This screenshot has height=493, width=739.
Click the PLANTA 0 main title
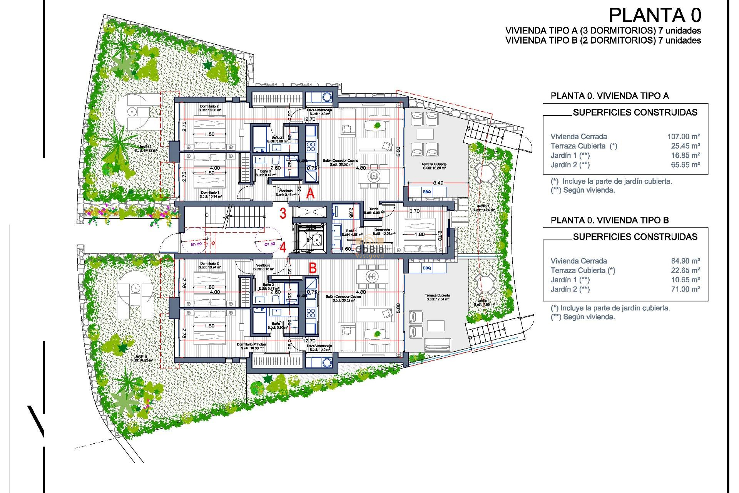(x=655, y=15)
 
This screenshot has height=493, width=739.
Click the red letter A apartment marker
(x=310, y=193)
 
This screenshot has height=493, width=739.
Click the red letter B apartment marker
(x=313, y=268)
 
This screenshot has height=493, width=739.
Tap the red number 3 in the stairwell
(x=283, y=213)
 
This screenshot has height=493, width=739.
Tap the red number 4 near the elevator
(x=283, y=247)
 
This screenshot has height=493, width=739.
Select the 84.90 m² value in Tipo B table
(x=685, y=261)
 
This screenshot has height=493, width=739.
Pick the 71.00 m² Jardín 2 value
(x=685, y=289)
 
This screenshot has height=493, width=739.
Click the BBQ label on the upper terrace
(x=427, y=192)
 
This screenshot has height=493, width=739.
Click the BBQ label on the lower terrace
(x=427, y=268)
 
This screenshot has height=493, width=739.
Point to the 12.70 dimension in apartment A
(x=309, y=119)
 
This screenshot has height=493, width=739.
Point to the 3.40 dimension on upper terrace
(x=438, y=183)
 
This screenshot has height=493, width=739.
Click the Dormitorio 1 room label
(x=383, y=230)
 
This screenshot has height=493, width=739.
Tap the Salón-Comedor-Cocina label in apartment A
(x=340, y=161)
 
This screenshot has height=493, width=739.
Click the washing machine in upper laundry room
(x=327, y=97)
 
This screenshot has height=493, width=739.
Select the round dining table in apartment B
(x=371, y=276)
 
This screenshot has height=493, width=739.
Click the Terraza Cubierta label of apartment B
(x=437, y=295)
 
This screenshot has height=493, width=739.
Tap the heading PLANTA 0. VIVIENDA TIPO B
(x=609, y=220)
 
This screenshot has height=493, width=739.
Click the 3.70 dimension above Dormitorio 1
(x=414, y=211)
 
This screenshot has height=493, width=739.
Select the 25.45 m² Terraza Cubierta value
(x=685, y=146)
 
